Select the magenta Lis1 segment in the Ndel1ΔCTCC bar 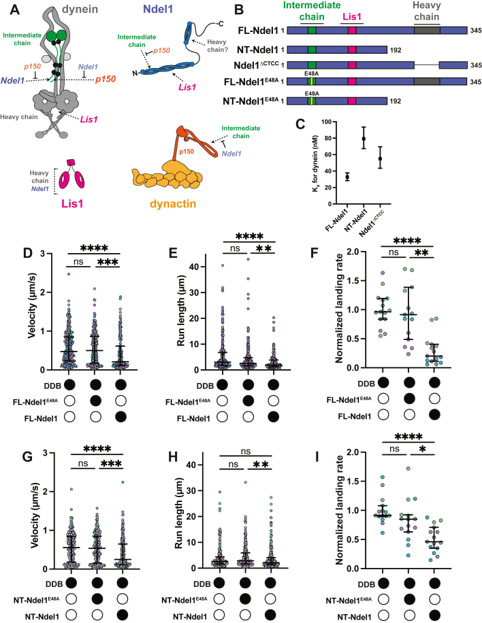click(352, 65)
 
